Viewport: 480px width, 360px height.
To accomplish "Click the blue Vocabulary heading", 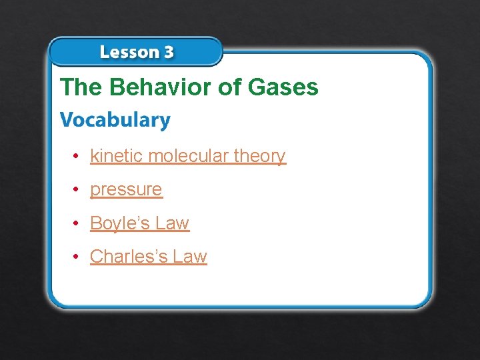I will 115,120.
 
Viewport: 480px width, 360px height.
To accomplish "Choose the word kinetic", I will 117,156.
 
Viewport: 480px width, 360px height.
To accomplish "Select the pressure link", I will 126,190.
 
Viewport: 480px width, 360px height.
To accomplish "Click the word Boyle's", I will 120,223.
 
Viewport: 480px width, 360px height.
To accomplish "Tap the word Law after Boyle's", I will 173,223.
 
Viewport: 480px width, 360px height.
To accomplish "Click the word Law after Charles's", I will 190,257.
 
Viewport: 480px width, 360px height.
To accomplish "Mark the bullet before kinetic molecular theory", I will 77,156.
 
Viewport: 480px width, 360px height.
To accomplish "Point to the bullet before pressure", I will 77,189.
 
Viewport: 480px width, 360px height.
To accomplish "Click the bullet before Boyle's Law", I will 77,223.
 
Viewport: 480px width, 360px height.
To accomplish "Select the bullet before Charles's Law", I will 77,257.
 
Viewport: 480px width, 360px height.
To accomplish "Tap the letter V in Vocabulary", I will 67,120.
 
